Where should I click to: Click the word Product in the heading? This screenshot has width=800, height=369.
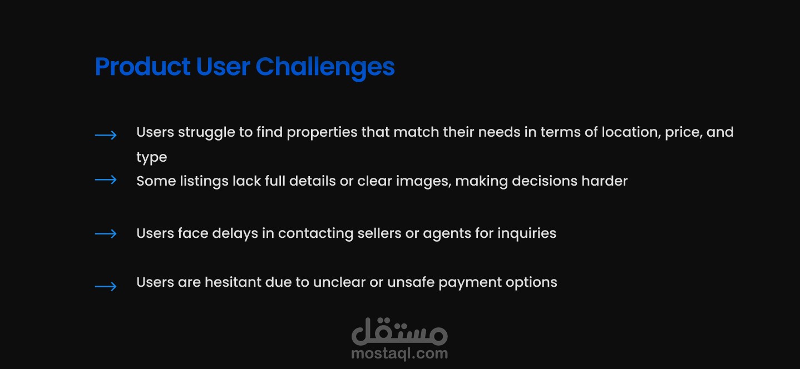pos(142,67)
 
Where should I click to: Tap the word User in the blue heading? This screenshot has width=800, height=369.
pos(223,67)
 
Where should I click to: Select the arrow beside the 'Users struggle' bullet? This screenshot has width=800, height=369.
pos(106,135)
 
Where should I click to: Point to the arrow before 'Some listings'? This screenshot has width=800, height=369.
pos(106,180)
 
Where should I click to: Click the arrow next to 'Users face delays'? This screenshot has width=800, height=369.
pos(106,234)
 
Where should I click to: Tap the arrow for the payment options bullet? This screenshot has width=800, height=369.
pos(106,286)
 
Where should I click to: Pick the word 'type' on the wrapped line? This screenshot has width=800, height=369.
pos(152,158)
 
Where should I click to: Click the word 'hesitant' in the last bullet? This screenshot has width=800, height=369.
pos(233,282)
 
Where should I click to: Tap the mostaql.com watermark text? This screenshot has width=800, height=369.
pos(399,353)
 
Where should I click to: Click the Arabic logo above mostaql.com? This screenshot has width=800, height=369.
pos(399,332)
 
